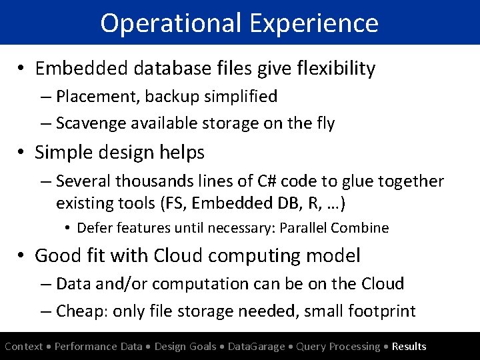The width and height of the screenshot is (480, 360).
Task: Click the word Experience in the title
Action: coord(315,23)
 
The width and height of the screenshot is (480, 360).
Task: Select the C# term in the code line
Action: coord(263,181)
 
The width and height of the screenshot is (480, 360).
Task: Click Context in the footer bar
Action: coord(24,347)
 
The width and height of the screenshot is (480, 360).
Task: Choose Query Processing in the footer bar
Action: coord(339,347)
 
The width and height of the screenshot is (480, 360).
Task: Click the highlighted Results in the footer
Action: coord(409,347)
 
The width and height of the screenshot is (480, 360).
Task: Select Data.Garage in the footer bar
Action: coord(257,347)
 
